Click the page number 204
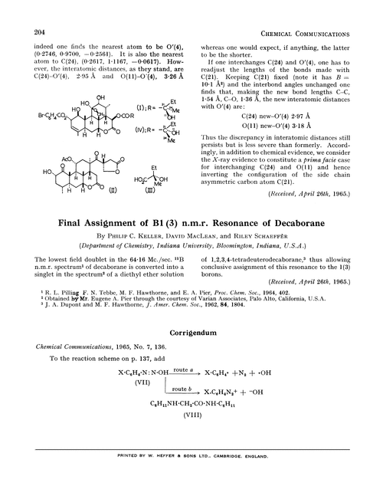42,31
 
